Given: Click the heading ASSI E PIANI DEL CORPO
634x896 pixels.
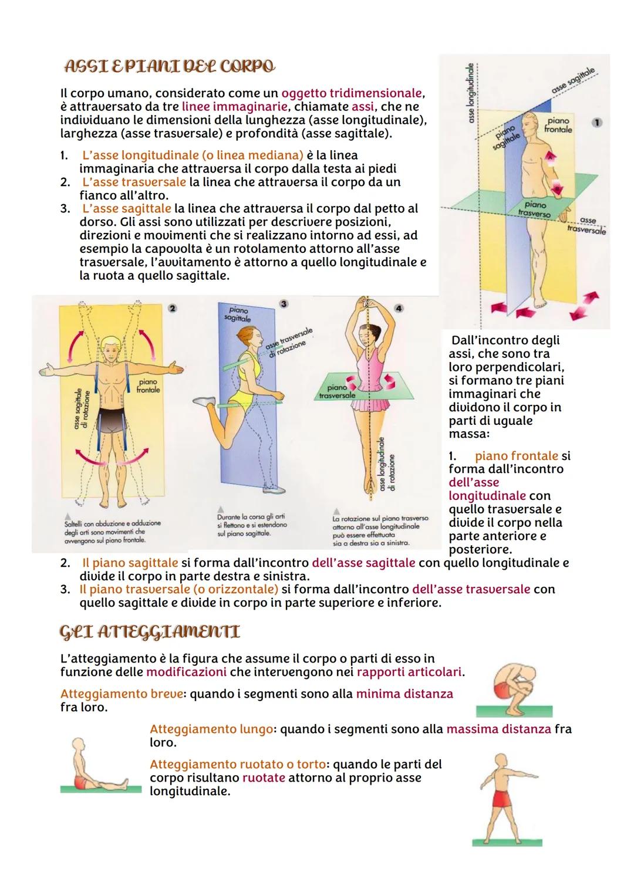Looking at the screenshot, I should [168, 67].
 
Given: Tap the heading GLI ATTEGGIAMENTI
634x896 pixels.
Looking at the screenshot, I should [150, 632].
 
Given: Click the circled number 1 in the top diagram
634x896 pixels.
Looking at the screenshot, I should [597, 123].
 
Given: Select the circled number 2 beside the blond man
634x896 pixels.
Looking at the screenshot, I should [172, 308].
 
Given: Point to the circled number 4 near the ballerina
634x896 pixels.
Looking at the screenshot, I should [399, 308].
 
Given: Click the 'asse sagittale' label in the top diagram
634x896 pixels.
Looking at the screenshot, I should [573, 81].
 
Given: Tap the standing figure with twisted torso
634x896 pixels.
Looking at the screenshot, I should [508, 797].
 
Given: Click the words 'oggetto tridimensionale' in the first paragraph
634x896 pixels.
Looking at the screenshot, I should [352, 93].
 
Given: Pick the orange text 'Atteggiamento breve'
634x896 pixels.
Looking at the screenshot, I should [122, 694].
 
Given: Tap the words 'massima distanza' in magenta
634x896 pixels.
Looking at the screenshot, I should [498, 729].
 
